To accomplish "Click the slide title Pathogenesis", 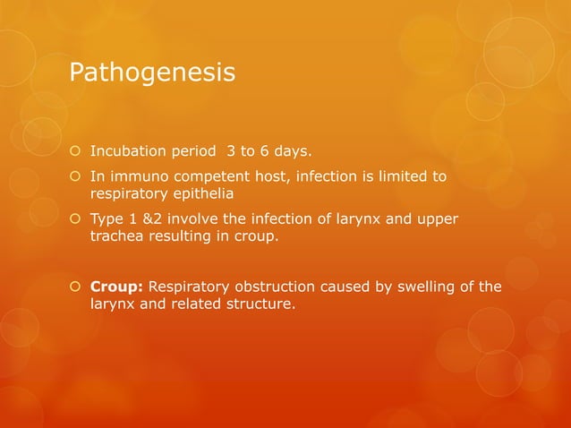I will point(152,72).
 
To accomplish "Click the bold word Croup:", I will point(117,287).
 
